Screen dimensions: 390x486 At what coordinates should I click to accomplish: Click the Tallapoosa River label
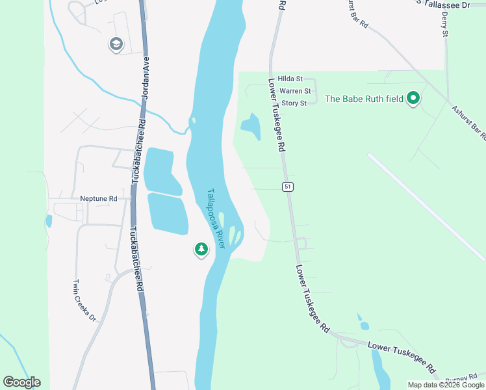click(x=216, y=218)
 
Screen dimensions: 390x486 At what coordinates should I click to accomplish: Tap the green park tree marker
click(x=201, y=249)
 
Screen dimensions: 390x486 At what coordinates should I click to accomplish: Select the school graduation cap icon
click(x=116, y=44)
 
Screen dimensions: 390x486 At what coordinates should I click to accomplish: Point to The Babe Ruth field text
click(x=363, y=99)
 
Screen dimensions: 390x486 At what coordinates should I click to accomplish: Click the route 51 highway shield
click(x=287, y=187)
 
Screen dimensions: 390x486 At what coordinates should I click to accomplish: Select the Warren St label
click(x=295, y=91)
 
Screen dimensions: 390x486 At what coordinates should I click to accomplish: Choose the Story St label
click(x=294, y=103)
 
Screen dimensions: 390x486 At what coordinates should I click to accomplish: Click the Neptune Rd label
click(x=98, y=199)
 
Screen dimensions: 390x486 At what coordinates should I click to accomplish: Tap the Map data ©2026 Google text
click(x=446, y=385)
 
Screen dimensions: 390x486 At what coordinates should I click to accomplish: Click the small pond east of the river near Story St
click(x=251, y=126)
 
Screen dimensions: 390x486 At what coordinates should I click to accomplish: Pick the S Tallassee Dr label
click(x=444, y=5)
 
